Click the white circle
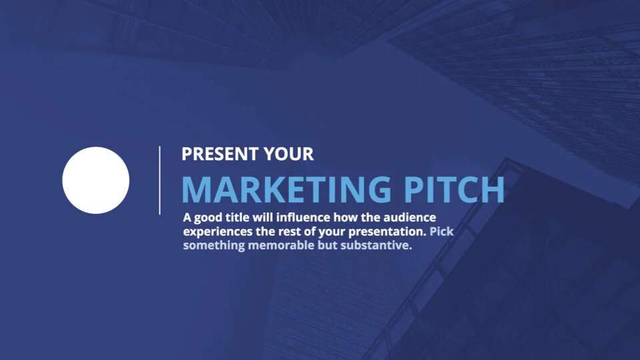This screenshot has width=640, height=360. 96,181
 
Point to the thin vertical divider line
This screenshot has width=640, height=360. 159,180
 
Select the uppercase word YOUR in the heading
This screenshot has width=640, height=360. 289,154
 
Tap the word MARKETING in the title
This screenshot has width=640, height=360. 286,189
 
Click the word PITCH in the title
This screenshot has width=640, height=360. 454,189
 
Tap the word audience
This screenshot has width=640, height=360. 409,217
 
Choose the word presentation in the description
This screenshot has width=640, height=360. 387,232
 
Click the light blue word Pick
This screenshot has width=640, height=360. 441,231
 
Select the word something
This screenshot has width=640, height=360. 214,246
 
